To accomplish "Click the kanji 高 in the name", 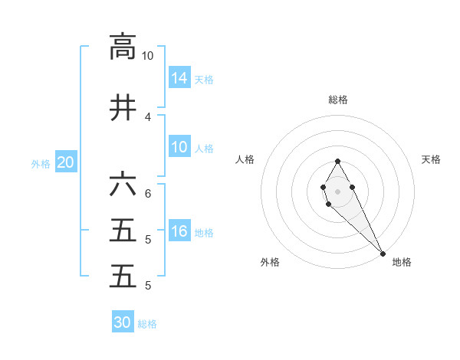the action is (x=123, y=47).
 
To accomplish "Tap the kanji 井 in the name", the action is (x=123, y=108).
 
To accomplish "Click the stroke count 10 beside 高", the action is (x=147, y=56).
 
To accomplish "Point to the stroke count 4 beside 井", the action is (x=147, y=117).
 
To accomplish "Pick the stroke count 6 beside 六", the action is (x=147, y=194).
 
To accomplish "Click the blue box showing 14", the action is (x=179, y=77).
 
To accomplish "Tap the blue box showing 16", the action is (x=179, y=231).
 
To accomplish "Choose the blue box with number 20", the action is (x=66, y=162).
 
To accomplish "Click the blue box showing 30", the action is (x=123, y=322).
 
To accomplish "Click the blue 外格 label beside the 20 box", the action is (x=41, y=163).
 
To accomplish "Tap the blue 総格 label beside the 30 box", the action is (x=147, y=324).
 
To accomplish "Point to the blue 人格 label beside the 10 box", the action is (x=204, y=148).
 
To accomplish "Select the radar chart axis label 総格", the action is (x=338, y=100).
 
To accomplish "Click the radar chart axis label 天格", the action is (x=432, y=159).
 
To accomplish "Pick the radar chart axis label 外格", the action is (x=270, y=262).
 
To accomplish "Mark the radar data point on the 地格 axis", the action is (x=383, y=254).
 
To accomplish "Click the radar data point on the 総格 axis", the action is (x=338, y=161).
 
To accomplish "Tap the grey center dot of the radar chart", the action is (x=338, y=191).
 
